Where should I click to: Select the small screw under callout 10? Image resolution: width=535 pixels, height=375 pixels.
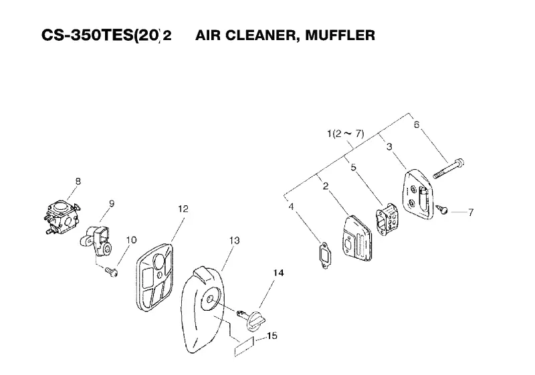click(x=112, y=271)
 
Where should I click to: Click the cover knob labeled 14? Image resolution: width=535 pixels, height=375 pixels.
click(x=253, y=318)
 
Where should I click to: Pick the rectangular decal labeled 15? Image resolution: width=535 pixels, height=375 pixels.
click(x=244, y=346)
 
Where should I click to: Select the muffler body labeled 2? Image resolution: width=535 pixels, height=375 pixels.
click(x=357, y=239)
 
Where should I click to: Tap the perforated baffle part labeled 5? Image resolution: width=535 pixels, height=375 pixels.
click(x=387, y=219)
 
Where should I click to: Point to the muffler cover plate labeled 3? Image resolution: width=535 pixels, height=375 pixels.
click(x=419, y=195)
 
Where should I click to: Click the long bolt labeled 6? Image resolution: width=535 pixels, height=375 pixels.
click(x=448, y=168)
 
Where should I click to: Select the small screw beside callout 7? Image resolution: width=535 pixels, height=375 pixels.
click(x=442, y=209)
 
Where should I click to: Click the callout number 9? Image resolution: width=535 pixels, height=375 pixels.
click(x=112, y=203)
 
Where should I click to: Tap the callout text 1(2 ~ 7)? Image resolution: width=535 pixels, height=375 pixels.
click(x=345, y=133)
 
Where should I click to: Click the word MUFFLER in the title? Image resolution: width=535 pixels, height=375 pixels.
click(x=340, y=35)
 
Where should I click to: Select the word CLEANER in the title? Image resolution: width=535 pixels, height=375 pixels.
click(x=261, y=35)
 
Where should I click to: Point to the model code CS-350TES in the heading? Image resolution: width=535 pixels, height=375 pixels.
click(x=87, y=35)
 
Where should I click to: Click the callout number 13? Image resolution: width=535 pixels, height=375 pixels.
click(x=235, y=241)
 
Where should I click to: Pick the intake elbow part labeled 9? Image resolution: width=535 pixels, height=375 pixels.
click(x=97, y=241)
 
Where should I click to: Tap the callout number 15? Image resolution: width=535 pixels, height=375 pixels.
click(x=272, y=336)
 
